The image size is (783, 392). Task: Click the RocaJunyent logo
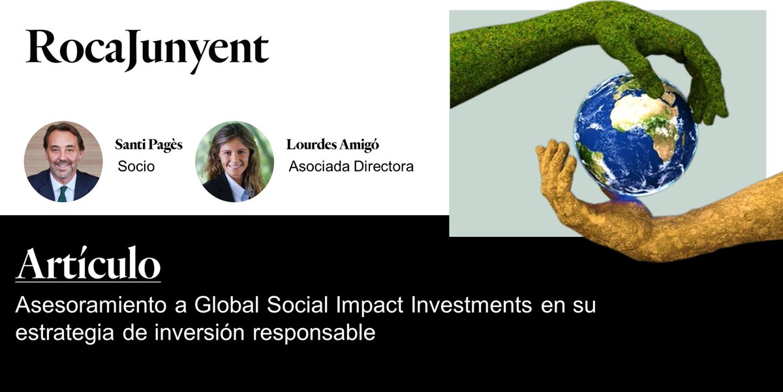coord(147,48)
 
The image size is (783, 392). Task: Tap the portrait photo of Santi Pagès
coord(63,161)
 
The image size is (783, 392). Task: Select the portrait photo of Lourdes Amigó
coord(234,161)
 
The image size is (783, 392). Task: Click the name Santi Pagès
coord(149,145)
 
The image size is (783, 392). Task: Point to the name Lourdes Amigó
coord(333,145)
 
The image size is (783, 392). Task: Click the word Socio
coord(136,166)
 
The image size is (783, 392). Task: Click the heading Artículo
coord(88,265)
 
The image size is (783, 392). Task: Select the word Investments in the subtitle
coord(444,305)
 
